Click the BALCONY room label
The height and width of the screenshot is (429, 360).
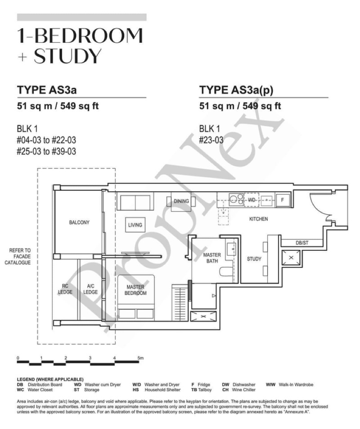79,222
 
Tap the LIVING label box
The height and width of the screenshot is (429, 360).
135,225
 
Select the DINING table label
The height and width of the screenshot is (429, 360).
181,201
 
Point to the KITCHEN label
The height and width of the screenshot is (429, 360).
258,219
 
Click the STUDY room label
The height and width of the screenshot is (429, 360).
254,259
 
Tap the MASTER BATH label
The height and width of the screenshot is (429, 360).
212,258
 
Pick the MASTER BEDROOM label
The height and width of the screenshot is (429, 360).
135,290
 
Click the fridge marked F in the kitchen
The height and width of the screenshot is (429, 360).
283,200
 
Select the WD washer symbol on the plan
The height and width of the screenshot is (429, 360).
252,200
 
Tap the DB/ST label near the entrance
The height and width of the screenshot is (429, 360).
302,243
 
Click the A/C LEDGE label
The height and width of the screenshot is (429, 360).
90,289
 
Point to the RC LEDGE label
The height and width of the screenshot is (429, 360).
65,289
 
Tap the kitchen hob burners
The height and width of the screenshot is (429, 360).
236,199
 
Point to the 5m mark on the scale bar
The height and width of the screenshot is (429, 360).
140,358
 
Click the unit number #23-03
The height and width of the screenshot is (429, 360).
211,140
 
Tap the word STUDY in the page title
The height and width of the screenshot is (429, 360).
67,56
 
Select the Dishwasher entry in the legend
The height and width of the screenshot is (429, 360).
239,384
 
